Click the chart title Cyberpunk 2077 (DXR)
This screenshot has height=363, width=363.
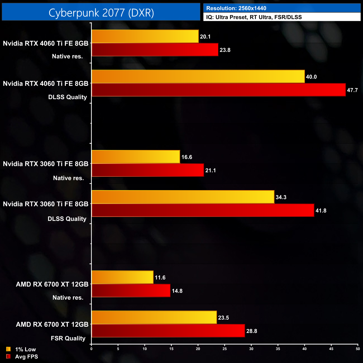click(101, 13)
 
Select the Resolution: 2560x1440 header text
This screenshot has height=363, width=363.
click(236, 8)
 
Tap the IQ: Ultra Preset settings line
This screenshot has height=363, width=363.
click(254, 17)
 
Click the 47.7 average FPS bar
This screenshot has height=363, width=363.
click(218, 90)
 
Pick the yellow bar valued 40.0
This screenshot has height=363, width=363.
click(198, 77)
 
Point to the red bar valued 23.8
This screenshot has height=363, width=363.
click(155, 50)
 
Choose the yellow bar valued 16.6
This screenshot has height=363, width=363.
click(136, 157)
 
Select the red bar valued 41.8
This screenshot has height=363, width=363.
click(203, 210)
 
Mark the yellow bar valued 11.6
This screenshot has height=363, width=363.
click(122, 277)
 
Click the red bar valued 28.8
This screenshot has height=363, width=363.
click(168, 331)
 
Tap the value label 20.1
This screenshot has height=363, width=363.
click(205, 37)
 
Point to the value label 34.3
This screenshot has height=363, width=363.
click(281, 197)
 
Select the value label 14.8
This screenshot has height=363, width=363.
click(177, 291)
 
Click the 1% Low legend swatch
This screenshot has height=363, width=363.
click(8, 349)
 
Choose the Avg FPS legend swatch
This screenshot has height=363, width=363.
click(8, 356)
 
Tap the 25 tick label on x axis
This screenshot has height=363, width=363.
click(225, 349)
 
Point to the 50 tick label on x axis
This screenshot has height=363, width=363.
click(358, 349)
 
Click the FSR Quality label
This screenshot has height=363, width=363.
click(68, 338)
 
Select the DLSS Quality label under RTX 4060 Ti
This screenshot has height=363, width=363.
click(68, 97)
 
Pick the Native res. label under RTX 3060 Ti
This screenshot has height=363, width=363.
click(68, 178)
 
